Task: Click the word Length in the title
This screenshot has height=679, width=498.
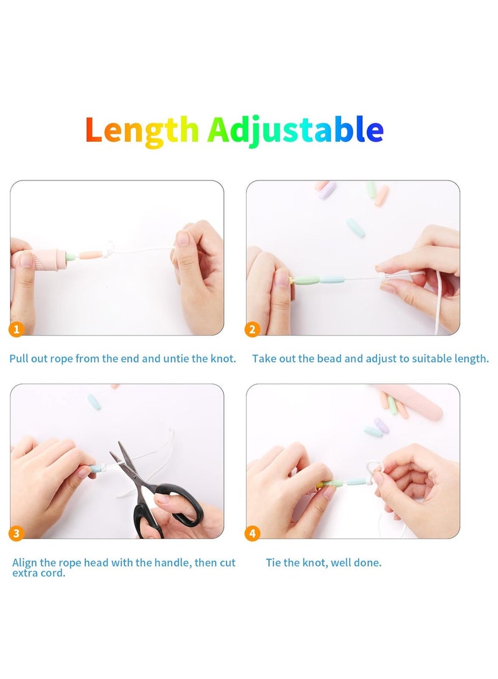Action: click(x=142, y=131)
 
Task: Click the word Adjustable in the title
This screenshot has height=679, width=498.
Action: click(x=295, y=131)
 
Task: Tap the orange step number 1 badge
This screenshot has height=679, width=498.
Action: click(x=17, y=329)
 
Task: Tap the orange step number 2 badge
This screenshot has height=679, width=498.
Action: click(x=252, y=329)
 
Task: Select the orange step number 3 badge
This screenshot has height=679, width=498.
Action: click(x=17, y=533)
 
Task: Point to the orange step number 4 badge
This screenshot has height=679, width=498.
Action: click(x=252, y=533)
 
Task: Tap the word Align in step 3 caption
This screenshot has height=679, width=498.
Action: click(x=26, y=563)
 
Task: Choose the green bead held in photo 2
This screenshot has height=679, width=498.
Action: click(x=306, y=281)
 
